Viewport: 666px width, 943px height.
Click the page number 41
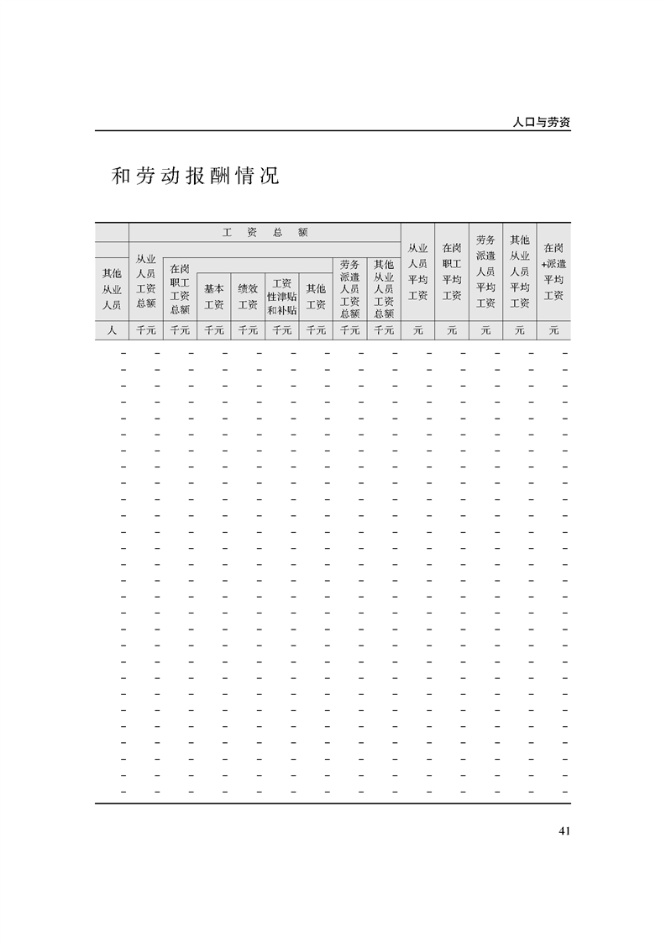coord(564,831)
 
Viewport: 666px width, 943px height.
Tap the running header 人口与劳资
coord(541,121)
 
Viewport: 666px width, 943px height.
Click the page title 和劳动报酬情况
coord(195,177)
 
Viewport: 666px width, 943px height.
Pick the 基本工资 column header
coord(213,296)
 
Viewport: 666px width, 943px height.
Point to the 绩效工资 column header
coord(248,296)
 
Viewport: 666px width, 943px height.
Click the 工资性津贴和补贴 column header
coord(281,296)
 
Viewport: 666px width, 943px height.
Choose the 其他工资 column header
coord(316,296)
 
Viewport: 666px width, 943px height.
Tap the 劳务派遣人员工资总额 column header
coord(349,288)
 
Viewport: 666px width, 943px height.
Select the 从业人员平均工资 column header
coord(417,271)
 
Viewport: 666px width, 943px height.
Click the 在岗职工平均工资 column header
coord(451,271)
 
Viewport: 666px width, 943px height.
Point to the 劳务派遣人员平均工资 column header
coord(485,271)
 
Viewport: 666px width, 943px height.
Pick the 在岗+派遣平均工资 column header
coord(553,271)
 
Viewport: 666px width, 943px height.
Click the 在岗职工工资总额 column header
coord(180,288)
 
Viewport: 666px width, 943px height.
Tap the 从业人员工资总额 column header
coord(146,281)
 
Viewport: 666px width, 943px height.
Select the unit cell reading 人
coord(112,330)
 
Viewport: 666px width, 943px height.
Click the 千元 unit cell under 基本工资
coord(213,330)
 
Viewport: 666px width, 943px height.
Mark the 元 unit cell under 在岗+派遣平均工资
coord(553,330)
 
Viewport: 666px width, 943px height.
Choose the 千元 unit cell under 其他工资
coord(316,330)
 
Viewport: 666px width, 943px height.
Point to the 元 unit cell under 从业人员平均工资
coord(417,330)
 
